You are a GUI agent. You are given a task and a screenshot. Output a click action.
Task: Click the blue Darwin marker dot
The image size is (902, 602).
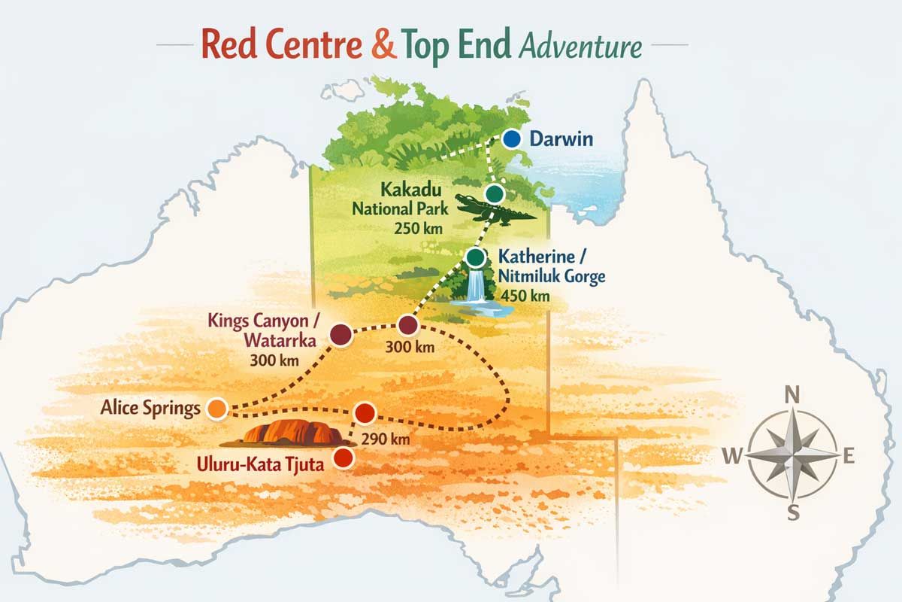[x=512, y=139]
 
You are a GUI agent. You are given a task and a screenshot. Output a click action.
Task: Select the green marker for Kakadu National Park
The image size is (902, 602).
[x=494, y=194]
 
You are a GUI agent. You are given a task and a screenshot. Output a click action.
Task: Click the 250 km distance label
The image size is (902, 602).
[x=415, y=228]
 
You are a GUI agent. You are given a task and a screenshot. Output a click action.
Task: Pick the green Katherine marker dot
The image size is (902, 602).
[x=475, y=257]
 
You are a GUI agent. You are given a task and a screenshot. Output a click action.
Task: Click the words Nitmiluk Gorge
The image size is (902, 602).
[x=551, y=277]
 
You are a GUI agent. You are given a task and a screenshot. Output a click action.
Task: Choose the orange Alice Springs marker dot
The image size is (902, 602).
[x=216, y=409]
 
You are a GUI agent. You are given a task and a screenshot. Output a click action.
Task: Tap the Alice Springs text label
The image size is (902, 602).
[x=150, y=409]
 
